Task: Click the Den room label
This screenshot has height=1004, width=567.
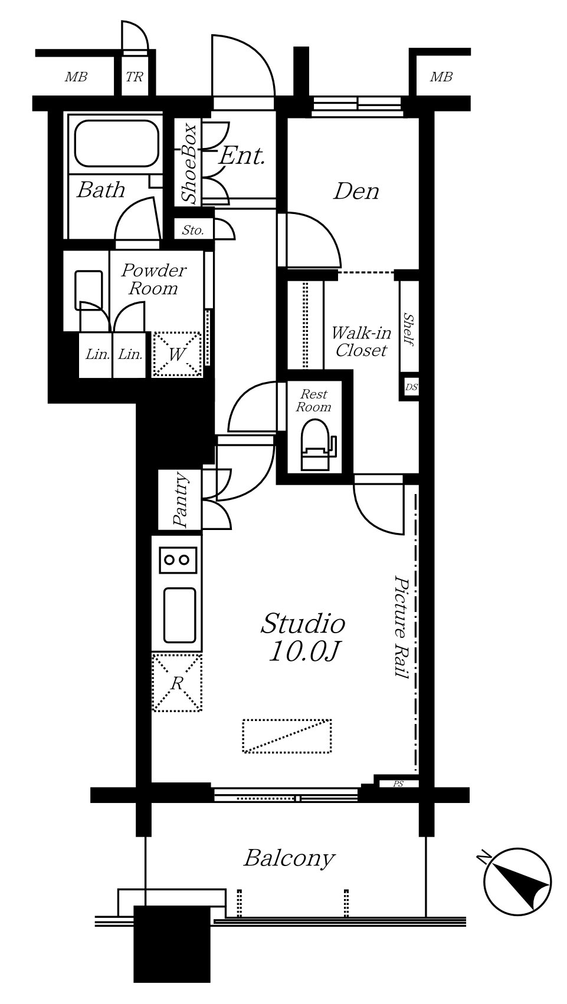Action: [x=356, y=192]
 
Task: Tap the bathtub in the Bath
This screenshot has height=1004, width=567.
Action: [x=117, y=144]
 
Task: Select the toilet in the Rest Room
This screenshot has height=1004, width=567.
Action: [x=316, y=445]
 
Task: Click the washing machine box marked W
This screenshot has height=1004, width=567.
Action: [x=177, y=354]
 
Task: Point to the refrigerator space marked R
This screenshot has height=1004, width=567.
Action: [x=177, y=683]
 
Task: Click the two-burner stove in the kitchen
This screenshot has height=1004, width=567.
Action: [x=178, y=560]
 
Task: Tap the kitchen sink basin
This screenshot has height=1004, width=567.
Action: [x=179, y=615]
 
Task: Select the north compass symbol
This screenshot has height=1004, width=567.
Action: [x=517, y=881]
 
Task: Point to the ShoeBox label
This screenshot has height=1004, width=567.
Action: [x=189, y=163]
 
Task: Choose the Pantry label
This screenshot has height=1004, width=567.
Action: [x=181, y=499]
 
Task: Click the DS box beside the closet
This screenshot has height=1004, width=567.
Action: [x=411, y=387]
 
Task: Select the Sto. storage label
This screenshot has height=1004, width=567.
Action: [x=193, y=231]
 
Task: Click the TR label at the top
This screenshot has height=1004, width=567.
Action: [x=134, y=77]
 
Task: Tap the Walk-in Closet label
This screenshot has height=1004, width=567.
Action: [x=361, y=341]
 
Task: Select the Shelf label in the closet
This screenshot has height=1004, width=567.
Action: [x=408, y=330]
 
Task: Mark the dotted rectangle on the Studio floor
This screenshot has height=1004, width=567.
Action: [x=287, y=736]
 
